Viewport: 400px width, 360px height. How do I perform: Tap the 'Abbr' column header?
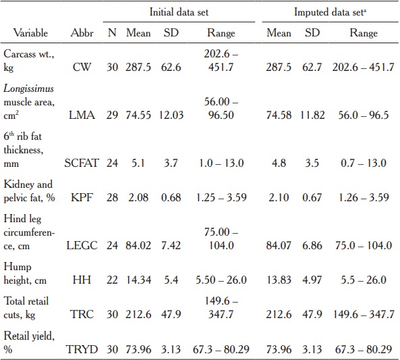(x=82, y=32)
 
